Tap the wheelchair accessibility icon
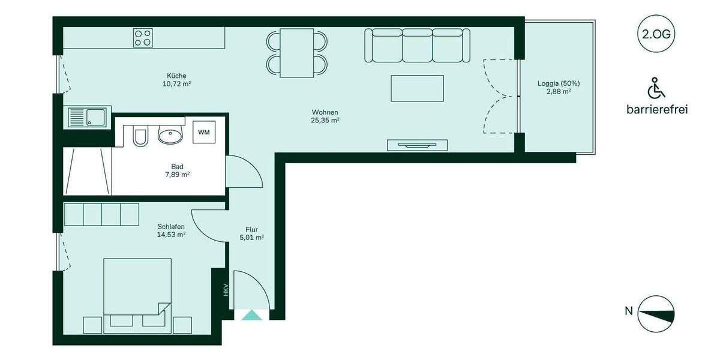[x=656, y=89]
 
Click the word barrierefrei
[x=656, y=110]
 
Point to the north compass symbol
[x=656, y=313]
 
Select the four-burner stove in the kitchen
[x=143, y=38]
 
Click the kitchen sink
[x=87, y=116]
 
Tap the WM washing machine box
[x=205, y=132]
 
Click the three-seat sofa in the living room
[x=417, y=46]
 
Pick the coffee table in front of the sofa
[x=417, y=88]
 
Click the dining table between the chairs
[x=298, y=53]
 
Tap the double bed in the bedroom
[x=137, y=294]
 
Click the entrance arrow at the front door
[x=251, y=315]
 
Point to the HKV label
[x=226, y=290]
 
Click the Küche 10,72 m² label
[x=176, y=80]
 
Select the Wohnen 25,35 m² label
[x=325, y=116]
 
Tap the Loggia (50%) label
[x=558, y=88]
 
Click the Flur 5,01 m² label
[x=251, y=233]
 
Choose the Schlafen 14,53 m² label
[x=171, y=230]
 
